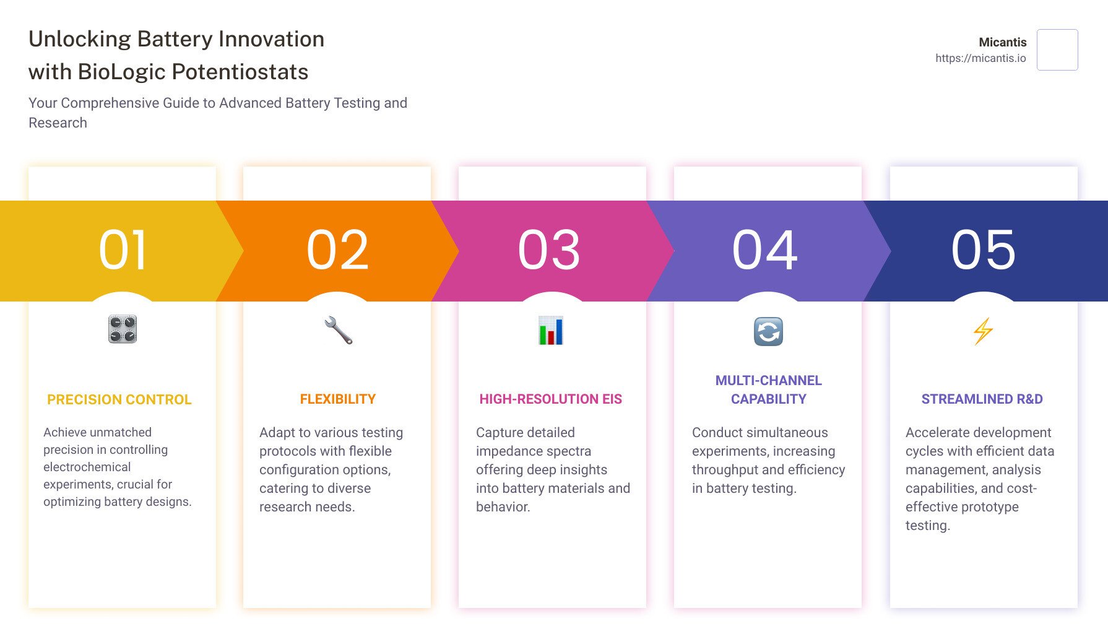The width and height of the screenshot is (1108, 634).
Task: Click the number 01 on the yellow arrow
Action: pyautogui.click(x=123, y=250)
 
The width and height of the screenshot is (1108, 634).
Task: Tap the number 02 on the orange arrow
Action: pyautogui.click(x=338, y=250)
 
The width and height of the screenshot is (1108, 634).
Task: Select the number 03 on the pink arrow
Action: pyautogui.click(x=550, y=250)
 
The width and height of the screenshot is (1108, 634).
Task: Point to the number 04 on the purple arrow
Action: pyautogui.click(x=765, y=250)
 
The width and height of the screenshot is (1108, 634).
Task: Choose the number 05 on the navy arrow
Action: pyautogui.click(x=984, y=250)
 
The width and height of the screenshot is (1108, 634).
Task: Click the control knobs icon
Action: pyautogui.click(x=123, y=329)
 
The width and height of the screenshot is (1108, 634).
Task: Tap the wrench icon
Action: pyautogui.click(x=338, y=330)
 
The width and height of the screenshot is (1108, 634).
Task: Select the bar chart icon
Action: pyautogui.click(x=551, y=330)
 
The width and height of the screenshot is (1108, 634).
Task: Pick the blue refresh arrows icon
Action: pyautogui.click(x=768, y=331)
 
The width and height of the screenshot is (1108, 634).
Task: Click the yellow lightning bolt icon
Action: pyautogui.click(x=983, y=331)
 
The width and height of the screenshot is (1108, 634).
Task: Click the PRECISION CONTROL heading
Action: pyautogui.click(x=119, y=400)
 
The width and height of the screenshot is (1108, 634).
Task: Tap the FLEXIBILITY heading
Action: pyautogui.click(x=338, y=399)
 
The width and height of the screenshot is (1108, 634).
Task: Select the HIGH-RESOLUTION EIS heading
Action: pyautogui.click(x=551, y=399)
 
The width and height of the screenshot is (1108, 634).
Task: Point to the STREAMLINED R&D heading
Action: pyautogui.click(x=982, y=399)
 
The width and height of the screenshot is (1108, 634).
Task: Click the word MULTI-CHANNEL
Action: pyautogui.click(x=769, y=381)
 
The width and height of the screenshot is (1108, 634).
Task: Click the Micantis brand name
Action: pyautogui.click(x=1003, y=42)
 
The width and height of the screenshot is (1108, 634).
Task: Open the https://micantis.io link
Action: pyautogui.click(x=980, y=58)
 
